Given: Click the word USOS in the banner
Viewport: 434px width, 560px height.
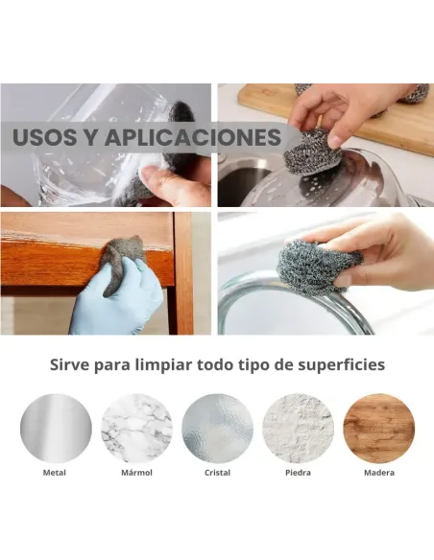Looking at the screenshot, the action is coord(45,137).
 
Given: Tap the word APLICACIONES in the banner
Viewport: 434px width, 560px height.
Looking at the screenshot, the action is coord(193,137).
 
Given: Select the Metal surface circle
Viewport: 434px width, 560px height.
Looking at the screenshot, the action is coord(56,429).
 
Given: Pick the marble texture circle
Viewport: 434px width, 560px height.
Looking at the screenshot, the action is coord(136,429).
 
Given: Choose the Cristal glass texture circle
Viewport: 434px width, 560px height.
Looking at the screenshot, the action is coord(217,429).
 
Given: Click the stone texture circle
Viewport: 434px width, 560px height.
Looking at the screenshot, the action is coord(299,429).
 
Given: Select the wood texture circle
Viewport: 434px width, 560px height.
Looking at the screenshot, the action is coord(379,429).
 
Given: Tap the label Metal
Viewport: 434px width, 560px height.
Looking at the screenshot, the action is coord(55,473).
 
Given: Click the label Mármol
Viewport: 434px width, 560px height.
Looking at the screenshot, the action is coord(136,473).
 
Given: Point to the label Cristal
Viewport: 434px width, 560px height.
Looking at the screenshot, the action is coord(217,473).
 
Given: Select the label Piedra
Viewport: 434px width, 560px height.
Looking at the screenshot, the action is coord(299,473).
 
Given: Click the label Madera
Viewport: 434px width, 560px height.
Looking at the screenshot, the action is coord(379,473).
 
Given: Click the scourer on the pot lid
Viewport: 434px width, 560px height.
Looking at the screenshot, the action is coord(312,152).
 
